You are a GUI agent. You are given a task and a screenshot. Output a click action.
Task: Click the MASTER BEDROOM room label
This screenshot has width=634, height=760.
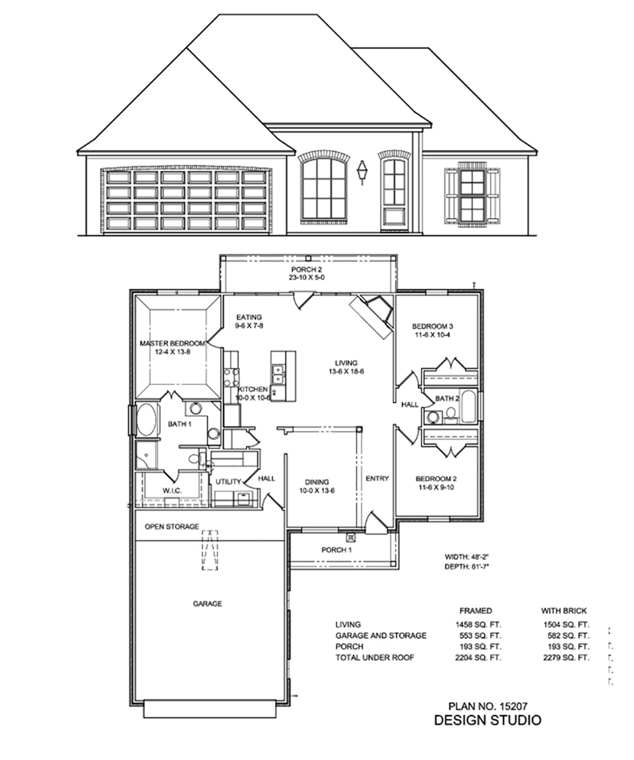tap(172, 343)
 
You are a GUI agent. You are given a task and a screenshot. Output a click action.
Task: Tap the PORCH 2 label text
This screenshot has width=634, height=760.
tap(307, 270)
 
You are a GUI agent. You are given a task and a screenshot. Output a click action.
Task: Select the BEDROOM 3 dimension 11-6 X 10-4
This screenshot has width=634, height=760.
tap(432, 335)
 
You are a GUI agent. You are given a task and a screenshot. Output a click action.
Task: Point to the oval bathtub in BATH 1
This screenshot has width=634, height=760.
tap(147, 419)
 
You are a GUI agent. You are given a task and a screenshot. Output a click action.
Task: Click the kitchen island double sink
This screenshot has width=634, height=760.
tap(278, 374)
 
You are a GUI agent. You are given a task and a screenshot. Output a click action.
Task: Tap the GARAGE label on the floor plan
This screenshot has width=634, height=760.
tap(207, 604)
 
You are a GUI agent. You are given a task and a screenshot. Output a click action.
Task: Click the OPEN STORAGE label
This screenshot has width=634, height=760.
tap(172, 527)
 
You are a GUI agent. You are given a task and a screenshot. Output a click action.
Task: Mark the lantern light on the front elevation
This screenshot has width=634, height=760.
tap(362, 172)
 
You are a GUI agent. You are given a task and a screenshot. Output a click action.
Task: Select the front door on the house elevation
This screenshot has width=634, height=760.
tap(394, 194)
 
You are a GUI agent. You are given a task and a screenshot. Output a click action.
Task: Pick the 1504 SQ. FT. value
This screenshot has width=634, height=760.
tap(566, 624)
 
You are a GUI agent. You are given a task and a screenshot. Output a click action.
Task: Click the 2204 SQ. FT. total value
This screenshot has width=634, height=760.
tap(478, 658)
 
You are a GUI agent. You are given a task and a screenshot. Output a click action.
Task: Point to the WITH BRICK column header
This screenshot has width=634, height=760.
tap(564, 611)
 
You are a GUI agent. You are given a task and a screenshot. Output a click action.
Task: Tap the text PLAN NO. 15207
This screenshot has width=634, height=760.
tap(488, 707)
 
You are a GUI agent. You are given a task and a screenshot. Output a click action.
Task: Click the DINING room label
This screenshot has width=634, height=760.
tap(316, 482)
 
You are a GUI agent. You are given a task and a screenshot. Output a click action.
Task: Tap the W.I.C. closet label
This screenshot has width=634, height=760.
tap(172, 491)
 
